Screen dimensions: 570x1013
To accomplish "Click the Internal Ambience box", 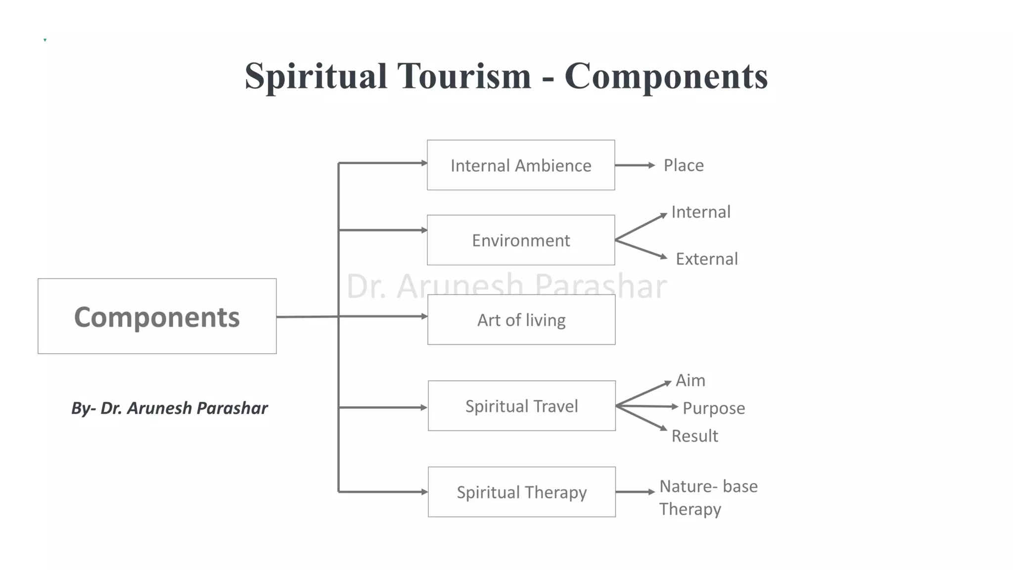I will pyautogui.click(x=521, y=165).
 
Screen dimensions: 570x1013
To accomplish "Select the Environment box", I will pyautogui.click(x=521, y=240).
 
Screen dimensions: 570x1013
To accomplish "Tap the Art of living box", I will pyautogui.click(x=521, y=320).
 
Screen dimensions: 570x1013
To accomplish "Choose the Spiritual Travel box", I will pyautogui.click(x=522, y=406).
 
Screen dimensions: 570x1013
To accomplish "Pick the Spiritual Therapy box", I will pyautogui.click(x=522, y=492).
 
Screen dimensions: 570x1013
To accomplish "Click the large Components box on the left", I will pyautogui.click(x=157, y=317).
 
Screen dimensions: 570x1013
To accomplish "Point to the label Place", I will pyautogui.click(x=684, y=165).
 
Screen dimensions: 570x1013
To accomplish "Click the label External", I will pyautogui.click(x=706, y=259).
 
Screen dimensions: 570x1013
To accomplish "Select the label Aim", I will pyautogui.click(x=691, y=380).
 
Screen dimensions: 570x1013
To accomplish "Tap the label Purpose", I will pyautogui.click(x=714, y=408).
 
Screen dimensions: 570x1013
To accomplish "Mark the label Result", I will pyautogui.click(x=694, y=436).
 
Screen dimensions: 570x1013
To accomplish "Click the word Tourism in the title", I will pyautogui.click(x=464, y=76).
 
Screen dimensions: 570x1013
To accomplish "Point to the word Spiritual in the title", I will pyautogui.click(x=316, y=76).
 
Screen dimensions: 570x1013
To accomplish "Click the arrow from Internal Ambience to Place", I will pyautogui.click(x=635, y=165).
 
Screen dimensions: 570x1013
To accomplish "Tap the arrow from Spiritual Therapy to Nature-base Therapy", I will pyautogui.click(x=635, y=492).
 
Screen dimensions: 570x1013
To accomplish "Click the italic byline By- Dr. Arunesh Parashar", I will pyautogui.click(x=169, y=408).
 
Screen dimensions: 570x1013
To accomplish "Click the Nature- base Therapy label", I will pyautogui.click(x=708, y=498).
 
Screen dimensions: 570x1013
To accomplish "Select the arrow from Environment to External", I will pyautogui.click(x=641, y=249).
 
